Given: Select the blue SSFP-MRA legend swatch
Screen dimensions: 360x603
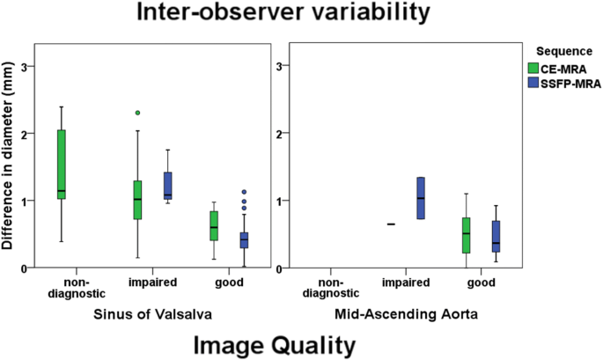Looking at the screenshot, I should pos(532,82).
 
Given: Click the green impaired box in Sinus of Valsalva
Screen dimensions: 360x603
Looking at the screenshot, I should pos(138,200).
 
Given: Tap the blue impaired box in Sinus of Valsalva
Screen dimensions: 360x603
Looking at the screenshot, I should pos(167,185).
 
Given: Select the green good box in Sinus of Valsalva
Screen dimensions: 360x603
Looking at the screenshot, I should pos(214,225).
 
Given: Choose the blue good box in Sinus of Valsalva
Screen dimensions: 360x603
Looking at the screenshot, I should pos(243,240).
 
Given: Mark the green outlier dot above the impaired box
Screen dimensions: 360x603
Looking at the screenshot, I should pos(137,113).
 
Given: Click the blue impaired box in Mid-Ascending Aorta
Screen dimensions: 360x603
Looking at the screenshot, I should pos(421,198).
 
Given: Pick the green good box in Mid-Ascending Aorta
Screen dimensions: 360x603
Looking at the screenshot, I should pos(466,235).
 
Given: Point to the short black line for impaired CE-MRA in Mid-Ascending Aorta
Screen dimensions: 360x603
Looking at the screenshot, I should pos(391,224).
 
